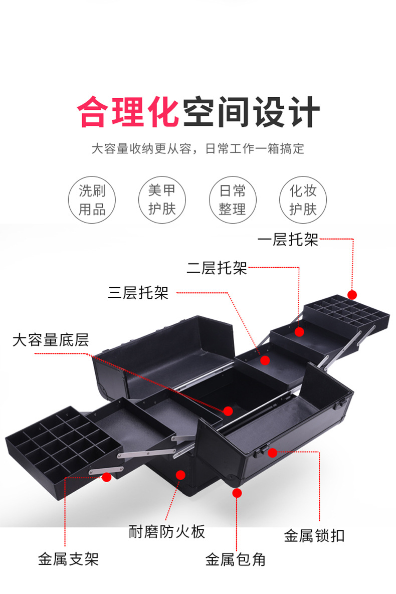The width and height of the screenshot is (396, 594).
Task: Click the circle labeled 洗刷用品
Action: pyautogui.click(x=92, y=199)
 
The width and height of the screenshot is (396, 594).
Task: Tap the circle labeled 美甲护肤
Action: pyautogui.click(x=162, y=199)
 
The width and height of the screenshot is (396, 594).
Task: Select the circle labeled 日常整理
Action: pyautogui.click(x=232, y=199)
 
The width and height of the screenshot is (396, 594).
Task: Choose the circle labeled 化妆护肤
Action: pyautogui.click(x=303, y=199)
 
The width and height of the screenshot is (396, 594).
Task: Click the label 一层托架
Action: pyautogui.click(x=288, y=240)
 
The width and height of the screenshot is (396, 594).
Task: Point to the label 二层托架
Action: pyautogui.click(x=217, y=268)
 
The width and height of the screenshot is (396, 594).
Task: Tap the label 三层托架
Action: pyautogui.click(x=138, y=293)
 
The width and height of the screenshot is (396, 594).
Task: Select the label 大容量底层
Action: pyautogui.click(x=50, y=340)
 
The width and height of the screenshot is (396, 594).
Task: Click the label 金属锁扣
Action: pyautogui.click(x=314, y=535)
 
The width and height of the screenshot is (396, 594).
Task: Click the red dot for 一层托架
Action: pyautogui.click(x=352, y=295)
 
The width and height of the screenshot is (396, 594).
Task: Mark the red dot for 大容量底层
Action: pyautogui.click(x=228, y=411)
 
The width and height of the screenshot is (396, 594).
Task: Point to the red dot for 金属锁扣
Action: pyautogui.click(x=272, y=452)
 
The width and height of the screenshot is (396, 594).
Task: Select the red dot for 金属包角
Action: pyautogui.click(x=237, y=493)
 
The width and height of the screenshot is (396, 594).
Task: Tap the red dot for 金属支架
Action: pyautogui.click(x=106, y=477)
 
